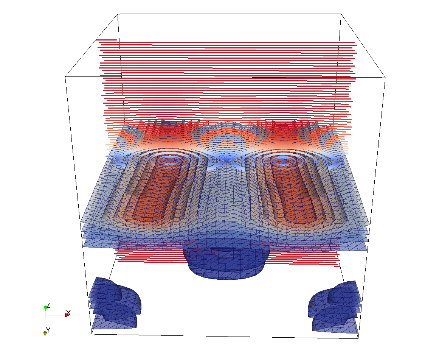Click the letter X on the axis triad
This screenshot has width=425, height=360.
click(x=68, y=312)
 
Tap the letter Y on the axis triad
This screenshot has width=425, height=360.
click(x=48, y=330)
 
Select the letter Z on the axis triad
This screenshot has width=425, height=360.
click(x=48, y=305)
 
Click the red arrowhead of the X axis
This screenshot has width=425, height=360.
click(x=68, y=315)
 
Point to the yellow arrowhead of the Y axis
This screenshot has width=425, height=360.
click(x=45, y=334)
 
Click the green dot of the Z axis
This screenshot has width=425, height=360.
click(x=45, y=307)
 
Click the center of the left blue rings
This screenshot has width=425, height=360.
click(x=170, y=161)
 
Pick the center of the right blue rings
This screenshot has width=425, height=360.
click(x=283, y=161)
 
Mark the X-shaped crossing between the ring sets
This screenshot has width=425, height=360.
click(x=226, y=161)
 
